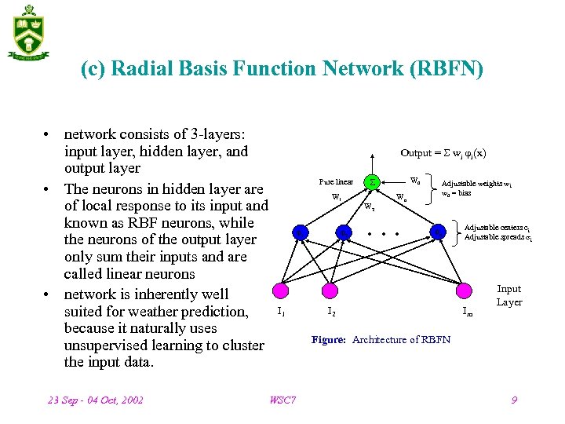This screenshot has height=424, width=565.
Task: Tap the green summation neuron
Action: tap(374, 182)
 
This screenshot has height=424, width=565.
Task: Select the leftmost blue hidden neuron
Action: tap(300, 232)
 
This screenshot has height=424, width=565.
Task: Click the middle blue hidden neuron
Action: tap(343, 232)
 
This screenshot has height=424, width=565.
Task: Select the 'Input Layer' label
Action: tap(509, 295)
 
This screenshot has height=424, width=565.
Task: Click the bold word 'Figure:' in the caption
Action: tap(330, 340)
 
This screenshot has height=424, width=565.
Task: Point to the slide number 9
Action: tap(514, 400)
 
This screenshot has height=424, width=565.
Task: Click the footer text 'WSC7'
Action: tap(282, 400)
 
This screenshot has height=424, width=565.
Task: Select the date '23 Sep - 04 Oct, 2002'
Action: tap(96, 400)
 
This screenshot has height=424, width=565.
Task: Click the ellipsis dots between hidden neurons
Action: tap(385, 233)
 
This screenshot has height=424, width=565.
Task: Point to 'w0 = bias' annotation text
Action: tap(457, 193)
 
